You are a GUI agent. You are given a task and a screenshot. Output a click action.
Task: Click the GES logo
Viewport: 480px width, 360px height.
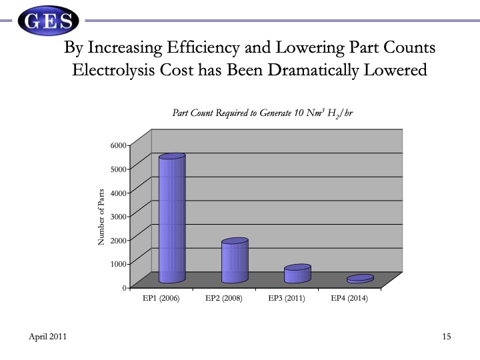(47, 21)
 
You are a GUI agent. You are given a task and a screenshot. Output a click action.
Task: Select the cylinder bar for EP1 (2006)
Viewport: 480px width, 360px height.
(171, 219)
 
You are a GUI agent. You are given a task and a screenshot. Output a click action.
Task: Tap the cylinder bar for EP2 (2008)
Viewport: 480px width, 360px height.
(235, 261)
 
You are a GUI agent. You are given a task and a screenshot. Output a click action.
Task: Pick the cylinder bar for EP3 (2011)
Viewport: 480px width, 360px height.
(297, 274)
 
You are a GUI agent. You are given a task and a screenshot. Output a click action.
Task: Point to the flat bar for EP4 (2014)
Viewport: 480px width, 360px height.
(360, 279)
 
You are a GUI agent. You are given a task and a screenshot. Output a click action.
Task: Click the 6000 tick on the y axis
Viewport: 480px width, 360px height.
(118, 145)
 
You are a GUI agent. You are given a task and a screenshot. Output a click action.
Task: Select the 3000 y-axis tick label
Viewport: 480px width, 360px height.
(118, 216)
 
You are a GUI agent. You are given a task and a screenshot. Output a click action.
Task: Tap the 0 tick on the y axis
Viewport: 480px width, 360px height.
(124, 287)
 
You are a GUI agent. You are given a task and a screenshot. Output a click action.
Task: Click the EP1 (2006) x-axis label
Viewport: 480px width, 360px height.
(161, 299)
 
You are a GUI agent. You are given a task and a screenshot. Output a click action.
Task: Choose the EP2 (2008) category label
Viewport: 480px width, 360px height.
(224, 299)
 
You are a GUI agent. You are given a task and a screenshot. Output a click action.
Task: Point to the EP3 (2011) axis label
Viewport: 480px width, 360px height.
(287, 299)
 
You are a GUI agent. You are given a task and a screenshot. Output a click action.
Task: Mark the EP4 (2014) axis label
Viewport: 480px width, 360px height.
(349, 299)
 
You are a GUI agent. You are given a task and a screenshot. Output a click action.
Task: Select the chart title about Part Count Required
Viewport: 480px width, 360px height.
(262, 113)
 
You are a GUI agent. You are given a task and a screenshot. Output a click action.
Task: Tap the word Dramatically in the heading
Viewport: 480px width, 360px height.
(312, 69)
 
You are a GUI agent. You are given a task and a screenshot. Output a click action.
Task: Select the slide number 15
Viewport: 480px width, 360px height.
(447, 337)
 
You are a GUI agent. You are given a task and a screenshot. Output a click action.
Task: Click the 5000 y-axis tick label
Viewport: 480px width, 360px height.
(118, 169)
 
